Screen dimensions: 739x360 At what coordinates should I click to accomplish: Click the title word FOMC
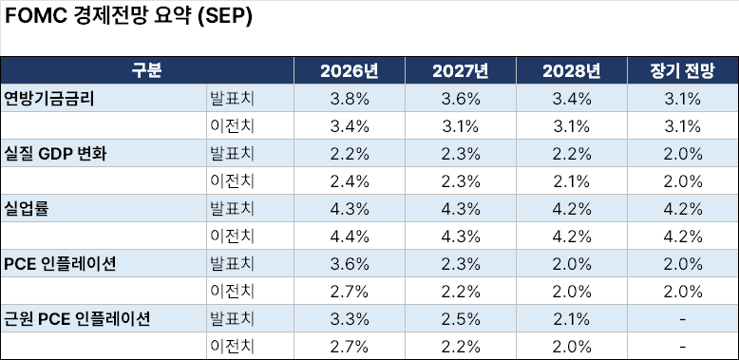[x=35, y=16]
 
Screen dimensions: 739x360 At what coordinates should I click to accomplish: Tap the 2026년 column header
[x=350, y=70]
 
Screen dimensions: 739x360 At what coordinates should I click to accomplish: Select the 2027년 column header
[x=461, y=70]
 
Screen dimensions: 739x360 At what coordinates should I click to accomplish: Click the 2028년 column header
[x=572, y=70]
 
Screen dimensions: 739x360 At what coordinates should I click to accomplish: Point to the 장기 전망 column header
[x=683, y=70]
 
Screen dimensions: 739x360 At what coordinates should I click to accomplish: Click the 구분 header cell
[x=147, y=70]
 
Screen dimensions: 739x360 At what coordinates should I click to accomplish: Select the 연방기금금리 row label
[x=49, y=99]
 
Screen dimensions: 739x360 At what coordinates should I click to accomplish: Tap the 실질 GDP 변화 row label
[x=55, y=154]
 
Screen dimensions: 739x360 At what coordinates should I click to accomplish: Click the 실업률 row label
[x=27, y=209]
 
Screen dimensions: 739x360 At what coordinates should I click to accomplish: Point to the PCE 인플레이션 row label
[x=60, y=264]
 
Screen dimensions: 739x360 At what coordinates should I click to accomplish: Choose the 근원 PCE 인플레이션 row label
[x=77, y=319]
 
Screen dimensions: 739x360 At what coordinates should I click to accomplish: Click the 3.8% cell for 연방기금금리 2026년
[x=350, y=99]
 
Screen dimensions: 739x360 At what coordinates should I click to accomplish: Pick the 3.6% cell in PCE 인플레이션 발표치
[x=350, y=264]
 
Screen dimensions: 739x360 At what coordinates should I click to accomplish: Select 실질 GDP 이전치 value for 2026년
[x=350, y=181]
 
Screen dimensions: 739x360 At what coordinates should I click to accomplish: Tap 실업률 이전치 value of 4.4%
[x=350, y=237]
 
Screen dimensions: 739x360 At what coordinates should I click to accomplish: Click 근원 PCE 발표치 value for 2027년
[x=461, y=319]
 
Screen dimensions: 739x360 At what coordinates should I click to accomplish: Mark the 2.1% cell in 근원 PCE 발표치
[x=572, y=319]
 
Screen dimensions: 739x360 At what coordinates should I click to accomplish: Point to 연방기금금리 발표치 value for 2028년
[x=572, y=99]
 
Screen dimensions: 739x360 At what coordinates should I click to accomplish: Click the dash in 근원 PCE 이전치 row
[x=683, y=347]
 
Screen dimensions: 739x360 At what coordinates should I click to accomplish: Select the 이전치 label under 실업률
[x=232, y=237]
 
